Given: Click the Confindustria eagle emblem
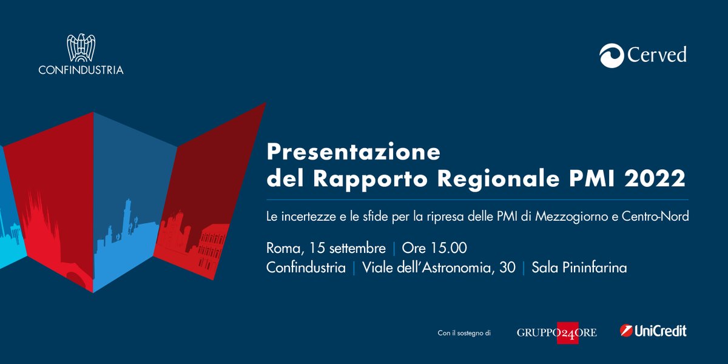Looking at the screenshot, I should (x=81, y=48).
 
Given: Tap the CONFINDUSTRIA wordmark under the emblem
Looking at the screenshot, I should (x=81, y=70).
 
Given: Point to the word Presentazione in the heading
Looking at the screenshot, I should (x=354, y=152).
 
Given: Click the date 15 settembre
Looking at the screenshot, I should (x=347, y=249).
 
